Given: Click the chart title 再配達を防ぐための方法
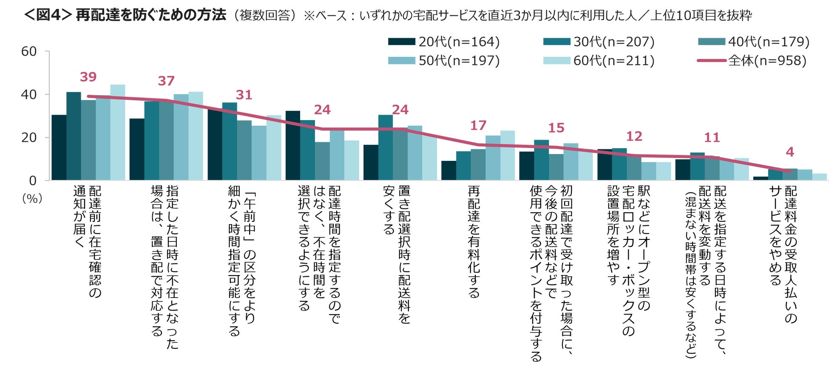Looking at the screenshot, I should pos(151,15).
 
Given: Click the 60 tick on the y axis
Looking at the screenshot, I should pos(29,52).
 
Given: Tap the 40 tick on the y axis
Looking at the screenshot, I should pos(29,95).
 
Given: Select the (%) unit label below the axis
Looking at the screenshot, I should pos(32,198).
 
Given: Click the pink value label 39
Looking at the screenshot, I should pos(88,77).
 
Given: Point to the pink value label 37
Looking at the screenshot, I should pos(166,81).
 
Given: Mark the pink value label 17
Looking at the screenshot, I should pos(478,125).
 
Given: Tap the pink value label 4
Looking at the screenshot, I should pos(790,152).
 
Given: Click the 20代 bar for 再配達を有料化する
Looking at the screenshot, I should pos(449,171).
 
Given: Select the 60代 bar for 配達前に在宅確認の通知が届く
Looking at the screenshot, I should pos(118,132).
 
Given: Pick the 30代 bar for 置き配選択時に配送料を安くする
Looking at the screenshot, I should pos(386,148).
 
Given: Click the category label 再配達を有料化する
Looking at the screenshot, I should pos(474,242).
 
